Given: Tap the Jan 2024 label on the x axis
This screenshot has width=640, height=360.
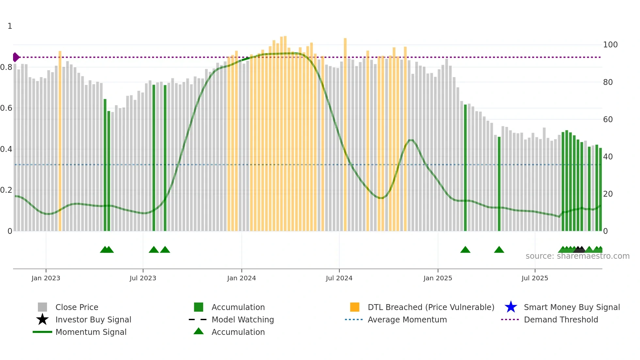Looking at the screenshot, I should [241, 278].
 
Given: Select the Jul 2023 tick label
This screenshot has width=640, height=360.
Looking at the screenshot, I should [143, 278].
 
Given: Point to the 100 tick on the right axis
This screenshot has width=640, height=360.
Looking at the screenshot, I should [610, 45].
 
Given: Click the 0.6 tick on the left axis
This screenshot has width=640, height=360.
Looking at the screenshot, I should [6, 108].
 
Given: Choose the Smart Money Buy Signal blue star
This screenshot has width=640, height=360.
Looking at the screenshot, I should [511, 307].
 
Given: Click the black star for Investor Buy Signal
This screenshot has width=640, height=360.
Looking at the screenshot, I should [42, 319].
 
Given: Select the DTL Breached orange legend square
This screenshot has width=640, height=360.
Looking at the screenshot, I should [355, 307].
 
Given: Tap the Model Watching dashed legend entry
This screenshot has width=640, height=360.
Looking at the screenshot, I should [198, 319].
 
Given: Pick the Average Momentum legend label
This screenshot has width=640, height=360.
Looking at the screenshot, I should [407, 319].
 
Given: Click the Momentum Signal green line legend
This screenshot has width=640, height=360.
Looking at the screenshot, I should [42, 332].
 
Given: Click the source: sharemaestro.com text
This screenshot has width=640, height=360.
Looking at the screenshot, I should [577, 256].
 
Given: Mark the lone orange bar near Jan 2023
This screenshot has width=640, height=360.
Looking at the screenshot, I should [60, 140].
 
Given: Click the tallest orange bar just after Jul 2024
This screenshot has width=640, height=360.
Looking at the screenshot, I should [345, 134].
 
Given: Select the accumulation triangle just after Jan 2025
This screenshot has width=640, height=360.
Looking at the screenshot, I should [465, 250].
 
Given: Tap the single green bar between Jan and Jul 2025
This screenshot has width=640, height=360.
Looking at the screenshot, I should [499, 183].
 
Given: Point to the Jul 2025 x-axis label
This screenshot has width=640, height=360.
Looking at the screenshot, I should [535, 278].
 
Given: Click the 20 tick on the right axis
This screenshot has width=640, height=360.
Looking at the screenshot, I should [608, 194].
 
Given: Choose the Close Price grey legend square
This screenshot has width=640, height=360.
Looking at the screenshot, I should [42, 307].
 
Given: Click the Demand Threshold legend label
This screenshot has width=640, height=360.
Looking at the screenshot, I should [561, 319].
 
